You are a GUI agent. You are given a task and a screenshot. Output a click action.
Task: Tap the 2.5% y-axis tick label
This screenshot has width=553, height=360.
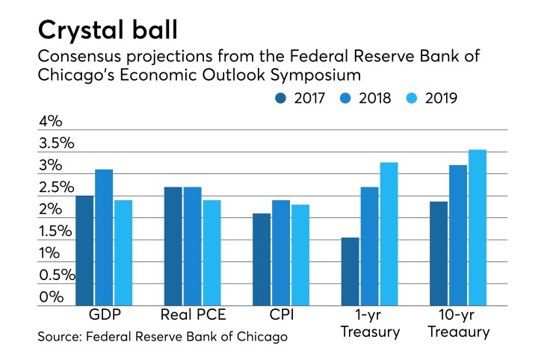click(56, 187)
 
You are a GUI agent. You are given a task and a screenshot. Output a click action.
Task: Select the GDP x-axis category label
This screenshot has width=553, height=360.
click(104, 315)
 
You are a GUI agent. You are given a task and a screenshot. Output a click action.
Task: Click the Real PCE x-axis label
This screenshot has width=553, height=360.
click(193, 315)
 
